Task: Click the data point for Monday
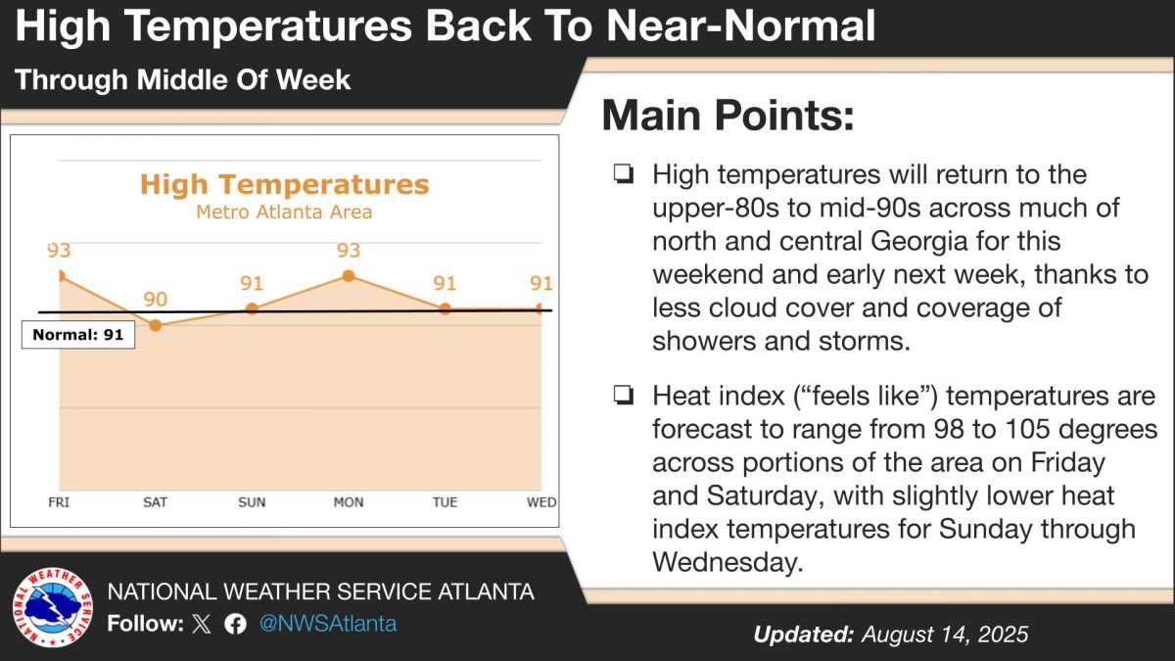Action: pyautogui.click(x=348, y=276)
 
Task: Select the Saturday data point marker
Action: pyautogui.click(x=155, y=324)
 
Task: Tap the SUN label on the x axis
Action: pyautogui.click(x=252, y=502)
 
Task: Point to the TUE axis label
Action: pyautogui.click(x=445, y=502)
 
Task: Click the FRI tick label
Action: pyautogui.click(x=60, y=502)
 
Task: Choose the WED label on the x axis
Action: pyautogui.click(x=541, y=502)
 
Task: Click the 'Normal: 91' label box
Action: pyautogui.click(x=78, y=335)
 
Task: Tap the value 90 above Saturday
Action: pyautogui.click(x=156, y=300)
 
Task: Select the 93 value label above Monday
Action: pyautogui.click(x=349, y=251)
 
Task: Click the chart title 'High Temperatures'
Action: pyautogui.click(x=284, y=184)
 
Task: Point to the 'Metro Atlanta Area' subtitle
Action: pyautogui.click(x=284, y=212)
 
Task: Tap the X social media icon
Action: pyautogui.click(x=202, y=625)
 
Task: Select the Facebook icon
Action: pyautogui.click(x=235, y=625)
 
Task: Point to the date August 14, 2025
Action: pyautogui.click(x=945, y=635)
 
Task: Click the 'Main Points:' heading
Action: pyautogui.click(x=728, y=116)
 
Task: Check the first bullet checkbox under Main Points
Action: pyautogui.click(x=622, y=175)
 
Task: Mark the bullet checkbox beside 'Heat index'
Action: pyautogui.click(x=622, y=396)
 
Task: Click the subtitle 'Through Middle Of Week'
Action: pyautogui.click(x=183, y=79)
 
